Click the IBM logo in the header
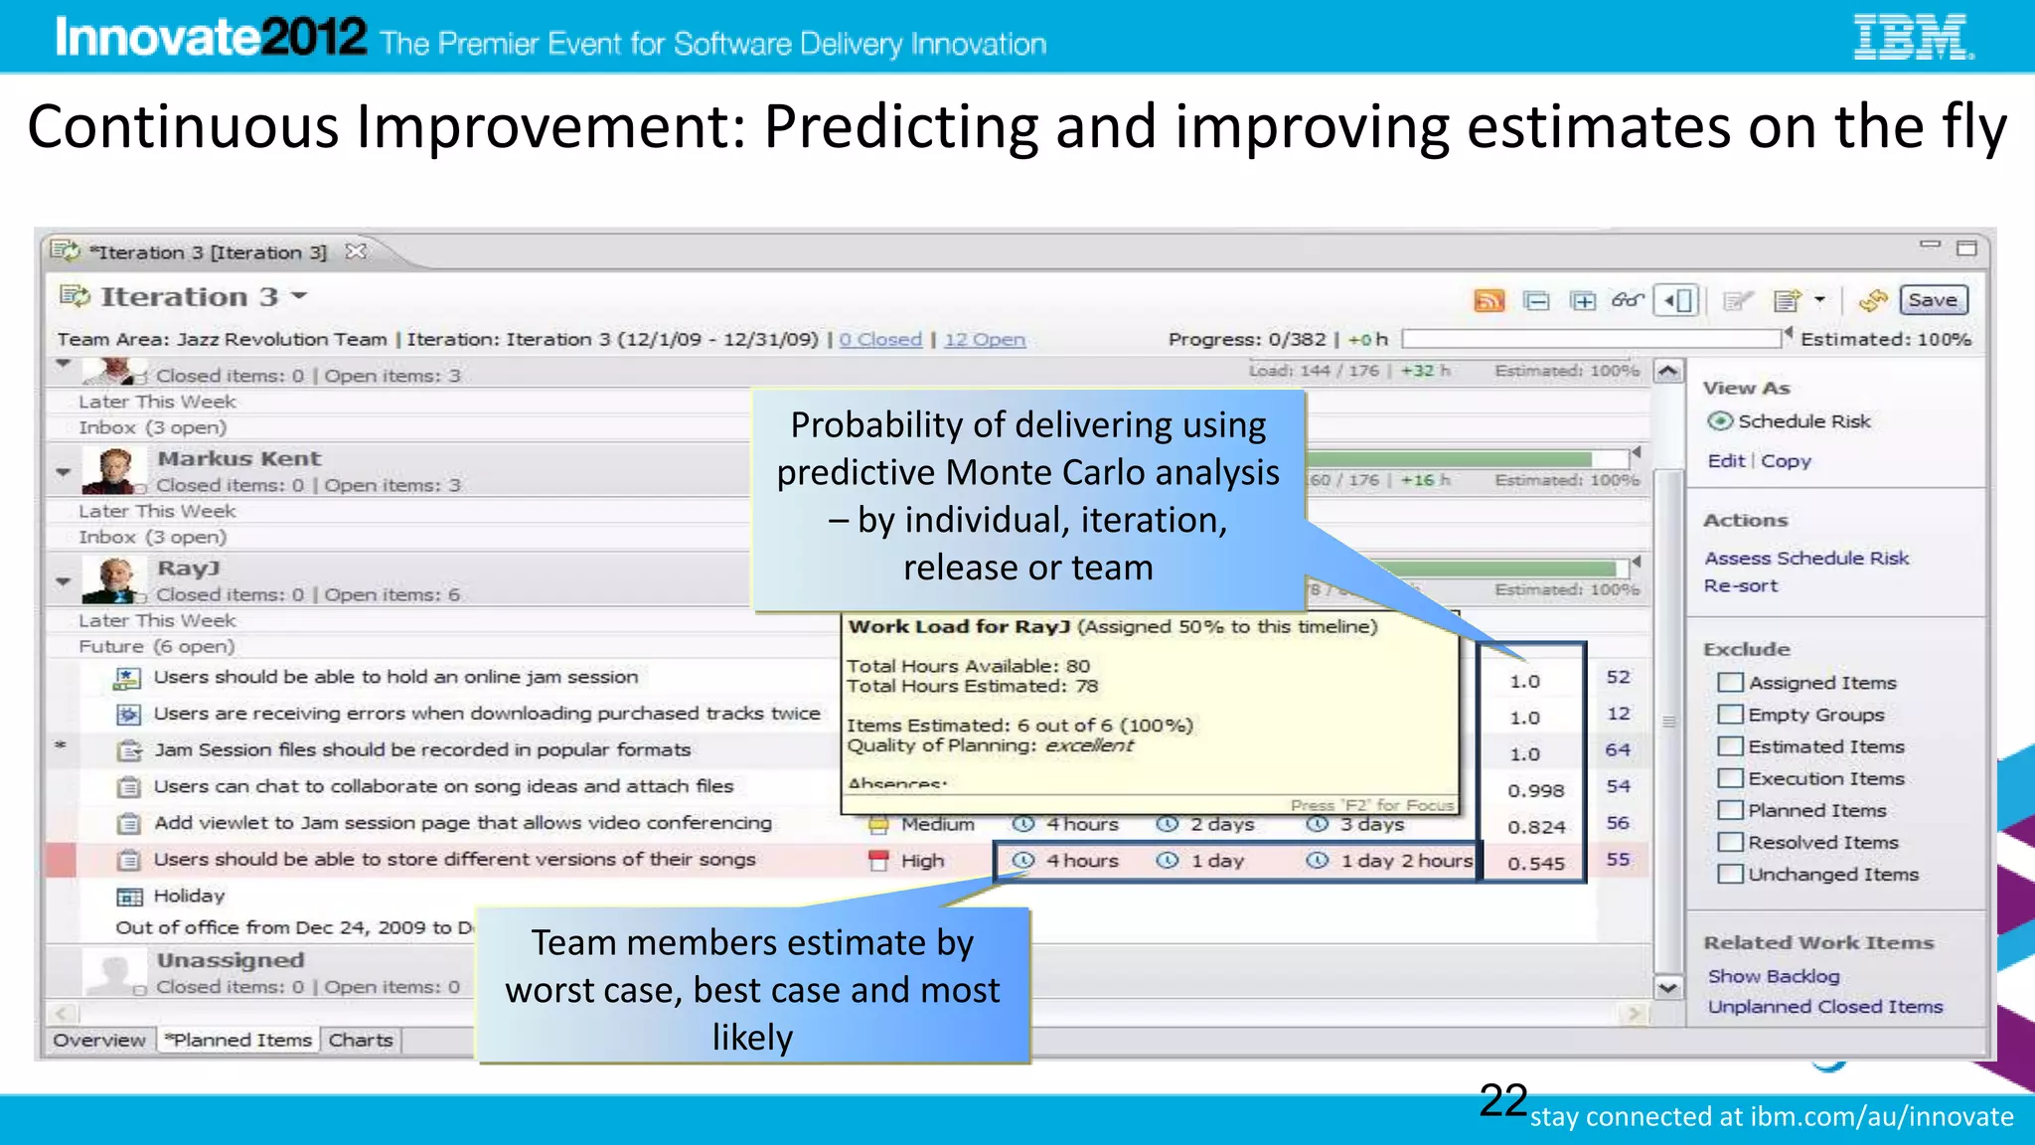tap(1912, 38)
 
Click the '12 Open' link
tap(984, 340)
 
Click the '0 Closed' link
tap(880, 340)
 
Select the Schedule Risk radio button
tap(1720, 421)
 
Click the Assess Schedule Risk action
tap(1805, 559)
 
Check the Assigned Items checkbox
tap(1730, 683)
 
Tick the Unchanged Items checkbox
tap(1730, 875)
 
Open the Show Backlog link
tap(1773, 976)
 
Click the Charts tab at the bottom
tap(360, 1040)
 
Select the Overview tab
tap(99, 1040)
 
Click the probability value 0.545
tap(1535, 864)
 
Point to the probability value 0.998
tap(1535, 790)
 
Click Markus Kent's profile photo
tap(112, 470)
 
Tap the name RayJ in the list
tap(189, 569)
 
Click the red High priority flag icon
tap(878, 861)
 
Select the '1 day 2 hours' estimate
tap(1405, 861)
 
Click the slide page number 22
tap(1502, 1100)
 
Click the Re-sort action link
tap(1740, 586)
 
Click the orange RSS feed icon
tap(1488, 300)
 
